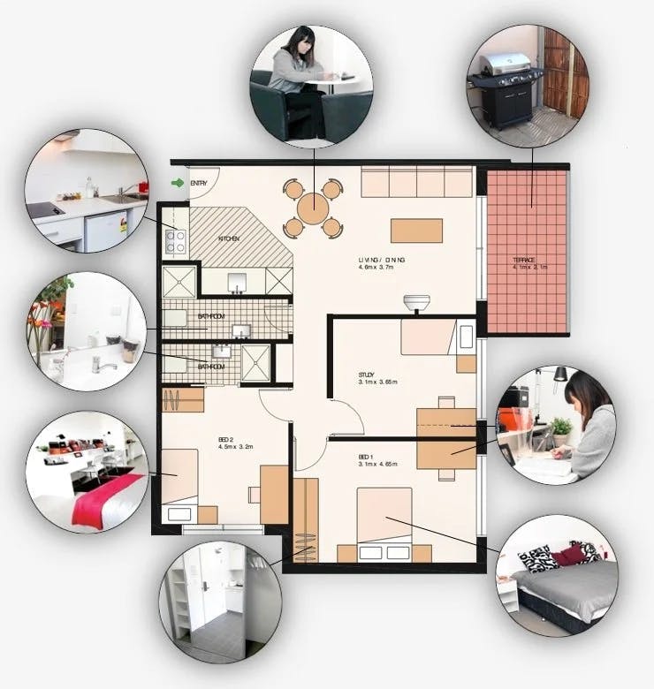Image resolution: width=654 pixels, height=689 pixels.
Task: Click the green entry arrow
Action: point(178,183)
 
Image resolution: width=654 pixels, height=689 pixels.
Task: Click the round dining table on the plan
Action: point(313,208)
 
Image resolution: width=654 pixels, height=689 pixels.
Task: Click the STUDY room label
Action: point(367,374)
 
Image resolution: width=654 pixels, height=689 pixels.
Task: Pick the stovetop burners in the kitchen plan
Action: point(175,241)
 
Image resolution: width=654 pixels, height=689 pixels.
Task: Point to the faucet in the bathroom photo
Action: point(103,362)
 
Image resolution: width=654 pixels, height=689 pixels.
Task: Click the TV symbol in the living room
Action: point(415,303)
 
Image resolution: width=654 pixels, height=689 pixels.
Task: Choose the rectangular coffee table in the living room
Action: point(416,231)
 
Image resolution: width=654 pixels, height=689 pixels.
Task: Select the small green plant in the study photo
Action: point(560,428)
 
